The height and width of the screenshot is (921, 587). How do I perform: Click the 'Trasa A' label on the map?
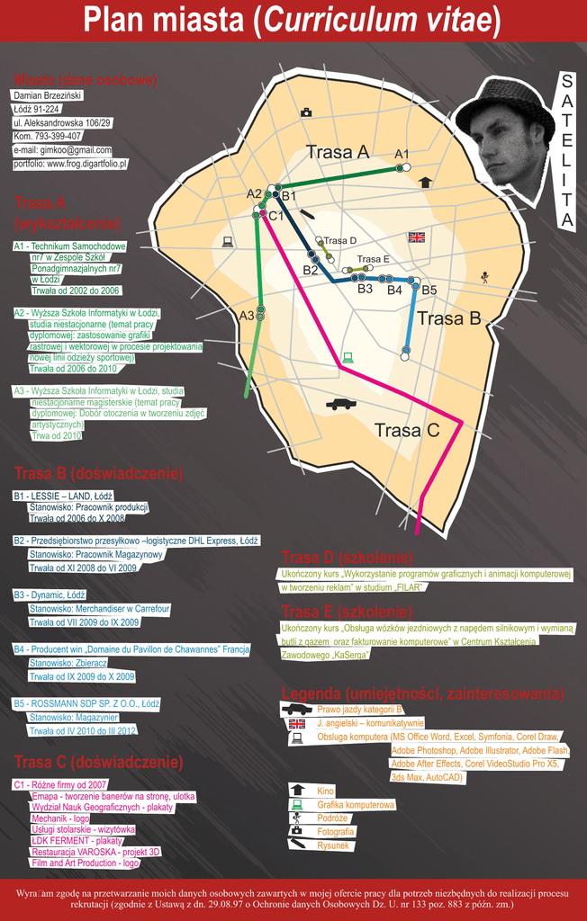pos(338,152)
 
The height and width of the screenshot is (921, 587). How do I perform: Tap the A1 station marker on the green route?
pos(406,167)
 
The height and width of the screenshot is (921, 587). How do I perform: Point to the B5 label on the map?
pos(429,290)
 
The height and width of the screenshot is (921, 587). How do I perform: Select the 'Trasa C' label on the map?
pos(407,430)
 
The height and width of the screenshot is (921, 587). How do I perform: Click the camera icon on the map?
pos(306,112)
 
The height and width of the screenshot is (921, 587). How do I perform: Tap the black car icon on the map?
pos(340,404)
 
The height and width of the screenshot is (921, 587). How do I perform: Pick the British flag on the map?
pos(416,237)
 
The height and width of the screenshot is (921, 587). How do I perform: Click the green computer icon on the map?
pos(348,358)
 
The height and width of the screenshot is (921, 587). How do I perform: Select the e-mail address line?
pos(62,150)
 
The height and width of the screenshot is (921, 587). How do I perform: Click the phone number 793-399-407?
pos(47,137)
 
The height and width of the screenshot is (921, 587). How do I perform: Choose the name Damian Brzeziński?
pos(47,95)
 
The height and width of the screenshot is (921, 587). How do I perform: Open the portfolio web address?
pos(70,165)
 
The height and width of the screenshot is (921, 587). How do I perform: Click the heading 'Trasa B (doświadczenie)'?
pos(98,473)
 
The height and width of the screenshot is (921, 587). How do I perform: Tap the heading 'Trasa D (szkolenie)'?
pos(347,556)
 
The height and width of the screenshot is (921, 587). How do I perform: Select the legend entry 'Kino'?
pos(325,791)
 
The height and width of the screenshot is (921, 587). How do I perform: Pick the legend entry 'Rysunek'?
pos(333,845)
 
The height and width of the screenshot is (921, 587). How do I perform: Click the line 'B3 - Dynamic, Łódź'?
pos(50,595)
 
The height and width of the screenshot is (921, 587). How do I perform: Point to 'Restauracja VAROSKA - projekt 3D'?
pos(95,852)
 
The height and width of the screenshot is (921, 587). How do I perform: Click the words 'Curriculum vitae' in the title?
pos(377,21)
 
